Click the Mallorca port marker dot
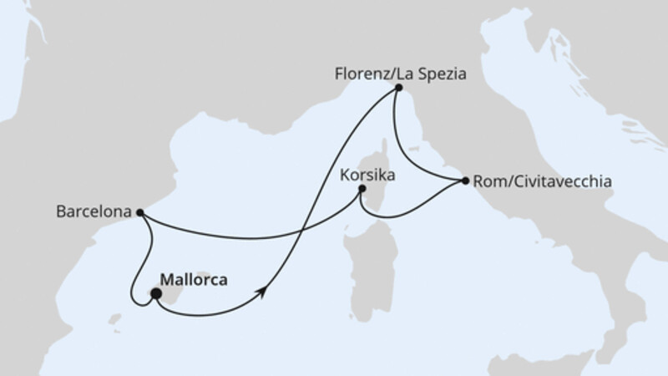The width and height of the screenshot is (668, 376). (155, 293)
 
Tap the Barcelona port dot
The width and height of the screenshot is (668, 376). (139, 212)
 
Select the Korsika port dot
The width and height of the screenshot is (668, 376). (362, 189)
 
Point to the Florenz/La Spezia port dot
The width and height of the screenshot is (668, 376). (399, 88)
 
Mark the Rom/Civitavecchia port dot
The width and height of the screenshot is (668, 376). (465, 180)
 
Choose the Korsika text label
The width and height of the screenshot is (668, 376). (368, 176)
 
